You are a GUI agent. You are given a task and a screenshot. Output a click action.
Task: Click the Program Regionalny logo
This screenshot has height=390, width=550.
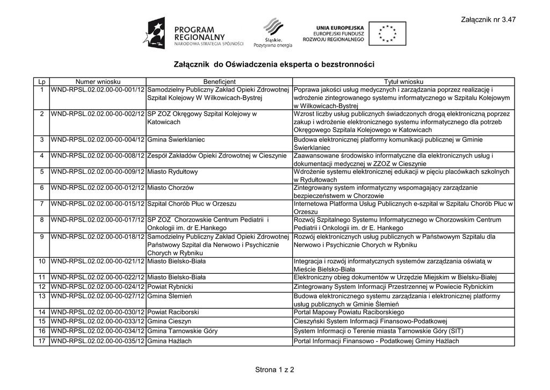193,34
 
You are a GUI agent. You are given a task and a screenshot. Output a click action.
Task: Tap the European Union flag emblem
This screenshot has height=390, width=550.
387,34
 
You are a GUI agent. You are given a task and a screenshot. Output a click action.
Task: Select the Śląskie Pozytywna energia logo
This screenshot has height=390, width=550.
273,33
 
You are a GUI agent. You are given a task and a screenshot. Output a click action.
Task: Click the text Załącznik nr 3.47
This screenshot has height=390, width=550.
488,20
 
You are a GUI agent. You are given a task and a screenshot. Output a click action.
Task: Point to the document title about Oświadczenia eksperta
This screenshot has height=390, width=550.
274,64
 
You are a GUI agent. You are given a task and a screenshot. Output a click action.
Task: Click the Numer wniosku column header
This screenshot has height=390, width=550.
97,81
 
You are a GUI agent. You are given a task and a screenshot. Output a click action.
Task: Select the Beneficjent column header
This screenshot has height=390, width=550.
220,81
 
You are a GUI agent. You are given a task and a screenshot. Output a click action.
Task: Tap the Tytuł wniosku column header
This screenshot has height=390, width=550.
403,81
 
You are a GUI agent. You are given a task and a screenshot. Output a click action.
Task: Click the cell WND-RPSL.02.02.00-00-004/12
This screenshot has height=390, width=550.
97,140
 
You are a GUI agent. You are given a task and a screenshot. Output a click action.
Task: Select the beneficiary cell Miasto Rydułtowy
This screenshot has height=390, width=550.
172,172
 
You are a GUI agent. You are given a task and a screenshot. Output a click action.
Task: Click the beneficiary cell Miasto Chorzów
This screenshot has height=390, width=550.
170,188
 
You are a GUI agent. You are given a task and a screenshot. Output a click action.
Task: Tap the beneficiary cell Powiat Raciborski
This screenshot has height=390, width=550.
173,312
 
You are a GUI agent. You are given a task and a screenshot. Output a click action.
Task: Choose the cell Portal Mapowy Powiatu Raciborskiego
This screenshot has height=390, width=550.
349,312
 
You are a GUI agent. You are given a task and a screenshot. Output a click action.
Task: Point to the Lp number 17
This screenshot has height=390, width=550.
41,341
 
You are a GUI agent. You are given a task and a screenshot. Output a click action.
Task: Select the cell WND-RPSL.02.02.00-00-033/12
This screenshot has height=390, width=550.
97,321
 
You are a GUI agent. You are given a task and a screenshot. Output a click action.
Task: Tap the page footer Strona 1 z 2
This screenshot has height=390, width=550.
274,370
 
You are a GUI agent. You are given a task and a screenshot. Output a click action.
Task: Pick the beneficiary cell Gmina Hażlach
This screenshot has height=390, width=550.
169,341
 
